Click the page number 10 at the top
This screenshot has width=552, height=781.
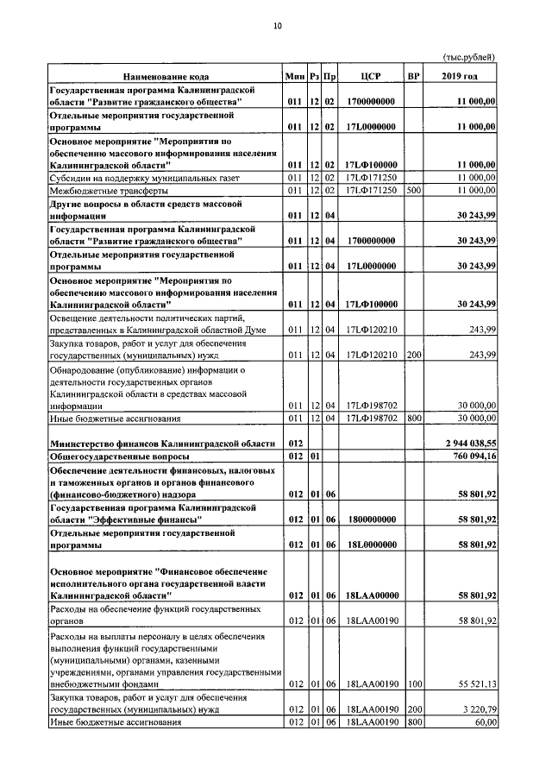(x=277, y=27)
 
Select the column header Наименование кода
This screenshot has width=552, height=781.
(x=166, y=77)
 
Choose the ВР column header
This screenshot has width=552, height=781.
(x=413, y=77)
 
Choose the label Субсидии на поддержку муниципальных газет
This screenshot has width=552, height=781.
(x=136, y=178)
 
